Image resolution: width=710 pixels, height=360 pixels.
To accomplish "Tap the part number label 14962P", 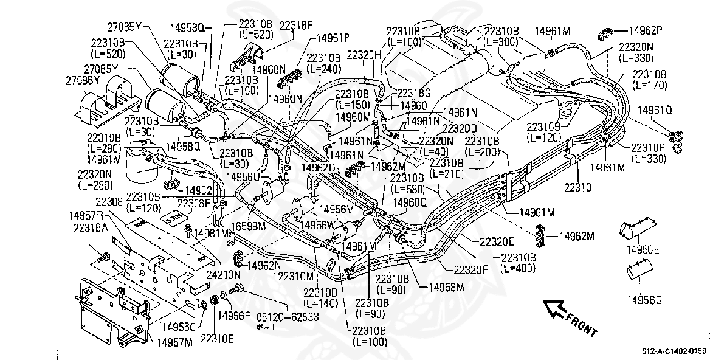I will point(645,30).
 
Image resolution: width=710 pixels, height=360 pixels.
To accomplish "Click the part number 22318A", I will point(91,227).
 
